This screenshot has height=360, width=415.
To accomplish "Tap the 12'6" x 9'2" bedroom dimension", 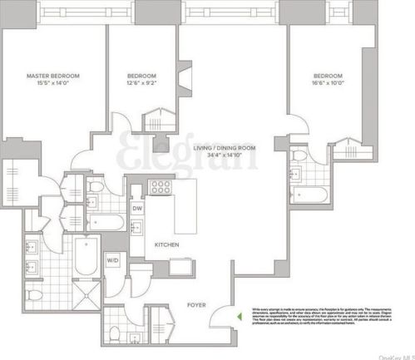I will pyautogui.click(x=141, y=82).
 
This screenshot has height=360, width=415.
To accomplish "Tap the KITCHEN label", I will pyautogui.click(x=167, y=244).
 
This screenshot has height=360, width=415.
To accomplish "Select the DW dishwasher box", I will pyautogui.click(x=137, y=209).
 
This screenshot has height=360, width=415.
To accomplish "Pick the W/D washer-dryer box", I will pyautogui.click(x=112, y=260).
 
